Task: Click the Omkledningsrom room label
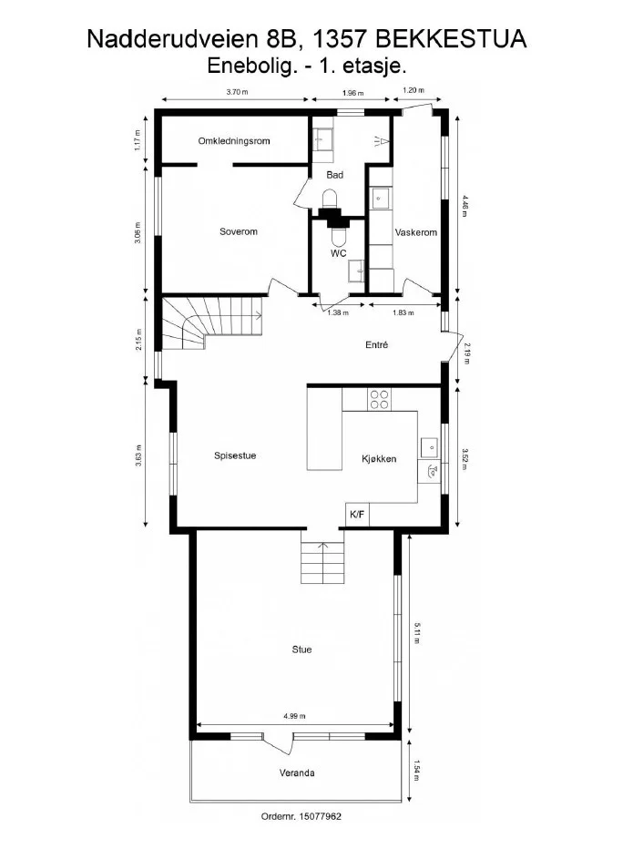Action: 234,141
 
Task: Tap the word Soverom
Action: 239,231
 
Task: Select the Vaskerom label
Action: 416,233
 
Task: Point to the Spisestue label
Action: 235,455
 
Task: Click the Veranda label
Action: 297,773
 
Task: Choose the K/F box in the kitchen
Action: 357,515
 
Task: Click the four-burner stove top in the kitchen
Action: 379,400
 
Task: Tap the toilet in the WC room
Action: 339,236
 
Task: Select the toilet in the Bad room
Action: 330,199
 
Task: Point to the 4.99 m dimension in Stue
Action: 294,716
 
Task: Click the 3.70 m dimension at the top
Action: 237,92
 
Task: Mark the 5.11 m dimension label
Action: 416,633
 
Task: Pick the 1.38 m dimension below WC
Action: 339,313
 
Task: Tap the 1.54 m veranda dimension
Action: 416,771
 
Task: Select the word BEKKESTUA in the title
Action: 451,39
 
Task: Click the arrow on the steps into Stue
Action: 322,563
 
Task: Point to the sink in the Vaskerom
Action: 380,199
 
